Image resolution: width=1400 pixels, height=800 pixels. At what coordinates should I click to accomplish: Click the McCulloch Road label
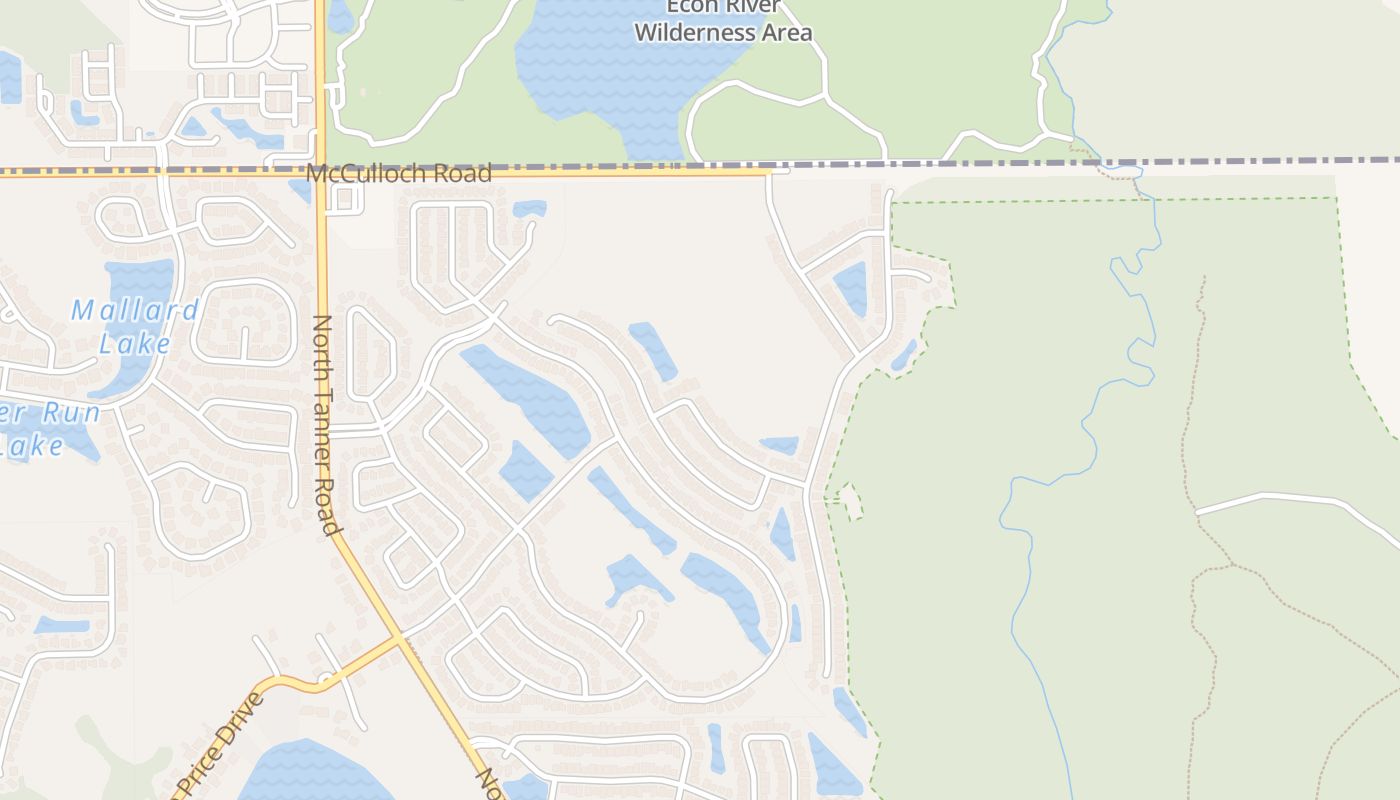click(399, 173)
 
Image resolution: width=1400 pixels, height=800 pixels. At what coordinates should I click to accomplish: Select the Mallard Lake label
click(135, 326)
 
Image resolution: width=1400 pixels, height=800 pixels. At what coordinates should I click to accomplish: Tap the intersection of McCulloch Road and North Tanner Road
click(320, 173)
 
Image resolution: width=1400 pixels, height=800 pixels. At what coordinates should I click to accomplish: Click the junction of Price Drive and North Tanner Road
click(400, 637)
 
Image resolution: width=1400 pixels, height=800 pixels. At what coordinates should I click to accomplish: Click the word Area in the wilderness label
click(787, 33)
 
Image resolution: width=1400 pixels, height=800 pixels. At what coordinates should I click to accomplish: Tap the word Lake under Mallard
click(135, 343)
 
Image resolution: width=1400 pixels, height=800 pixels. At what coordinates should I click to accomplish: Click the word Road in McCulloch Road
click(465, 173)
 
